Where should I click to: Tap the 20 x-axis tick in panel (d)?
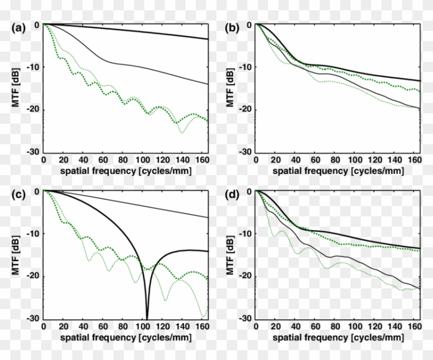pos(276,327)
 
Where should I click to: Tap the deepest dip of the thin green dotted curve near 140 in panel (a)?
pos(181,132)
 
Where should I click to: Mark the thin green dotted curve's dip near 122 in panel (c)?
pos(165,300)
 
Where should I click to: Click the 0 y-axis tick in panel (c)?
pos(37,191)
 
